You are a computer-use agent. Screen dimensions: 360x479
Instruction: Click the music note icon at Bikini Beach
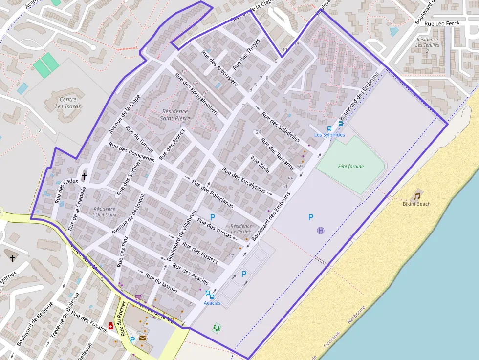click(416, 196)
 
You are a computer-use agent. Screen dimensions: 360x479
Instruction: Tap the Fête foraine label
click(350, 167)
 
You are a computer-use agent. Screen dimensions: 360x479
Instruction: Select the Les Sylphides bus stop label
click(329, 135)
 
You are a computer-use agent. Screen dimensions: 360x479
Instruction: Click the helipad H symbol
click(320, 231)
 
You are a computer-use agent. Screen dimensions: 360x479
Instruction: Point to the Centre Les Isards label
click(68, 103)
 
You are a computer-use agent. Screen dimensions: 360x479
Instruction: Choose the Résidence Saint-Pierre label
click(174, 114)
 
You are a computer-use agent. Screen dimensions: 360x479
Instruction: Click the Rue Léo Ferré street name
click(442, 23)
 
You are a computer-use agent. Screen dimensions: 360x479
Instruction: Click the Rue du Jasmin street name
click(160, 283)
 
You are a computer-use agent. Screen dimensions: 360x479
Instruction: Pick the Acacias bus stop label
click(212, 303)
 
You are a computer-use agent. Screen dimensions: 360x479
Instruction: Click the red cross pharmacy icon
click(111, 326)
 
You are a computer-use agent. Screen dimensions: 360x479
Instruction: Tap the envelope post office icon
click(143, 337)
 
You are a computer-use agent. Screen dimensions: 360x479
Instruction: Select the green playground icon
click(217, 328)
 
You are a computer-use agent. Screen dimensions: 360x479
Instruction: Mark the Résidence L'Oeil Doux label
click(104, 212)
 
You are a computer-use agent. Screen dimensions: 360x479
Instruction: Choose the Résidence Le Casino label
click(241, 229)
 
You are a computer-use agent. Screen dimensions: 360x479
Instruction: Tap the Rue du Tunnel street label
click(139, 139)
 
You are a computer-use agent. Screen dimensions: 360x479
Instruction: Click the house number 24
click(259, 132)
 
